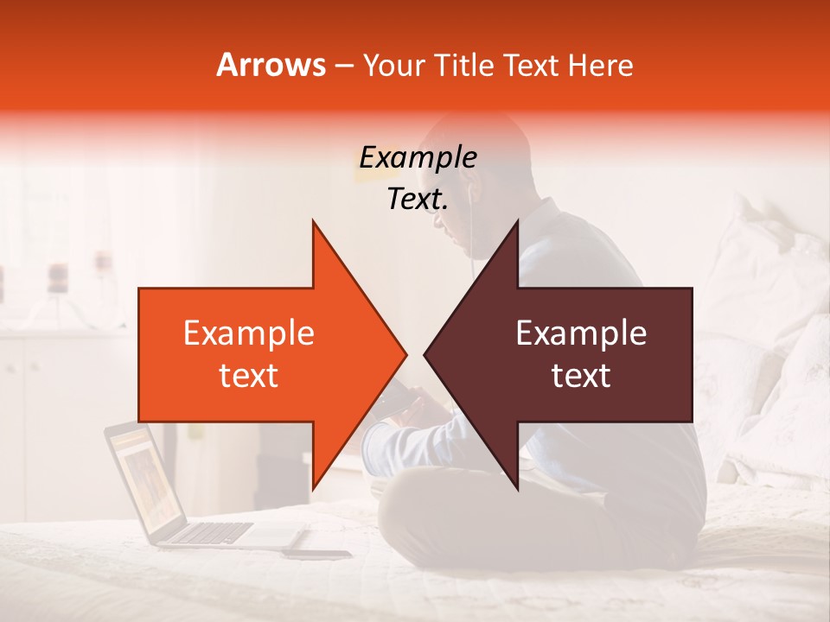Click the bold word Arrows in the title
(271, 65)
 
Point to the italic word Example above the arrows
(418, 157)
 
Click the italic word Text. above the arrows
(418, 200)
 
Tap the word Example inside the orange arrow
(249, 333)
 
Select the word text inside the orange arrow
(249, 376)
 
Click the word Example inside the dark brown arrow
(581, 333)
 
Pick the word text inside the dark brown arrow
(581, 376)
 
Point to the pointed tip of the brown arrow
(426, 354)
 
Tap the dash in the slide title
(343, 66)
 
